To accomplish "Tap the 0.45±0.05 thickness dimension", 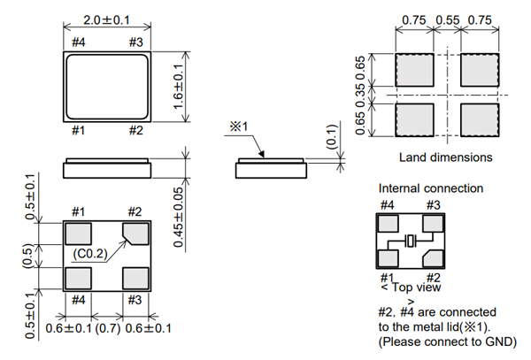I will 177,218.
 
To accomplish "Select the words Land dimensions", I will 435,157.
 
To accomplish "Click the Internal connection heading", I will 431,188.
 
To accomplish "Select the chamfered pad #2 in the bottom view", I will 135,233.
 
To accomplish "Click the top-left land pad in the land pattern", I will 412,68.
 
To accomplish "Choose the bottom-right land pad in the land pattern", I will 480,117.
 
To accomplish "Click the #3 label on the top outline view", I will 135,42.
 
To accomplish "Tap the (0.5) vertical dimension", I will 28,257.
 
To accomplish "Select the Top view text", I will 416,287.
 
